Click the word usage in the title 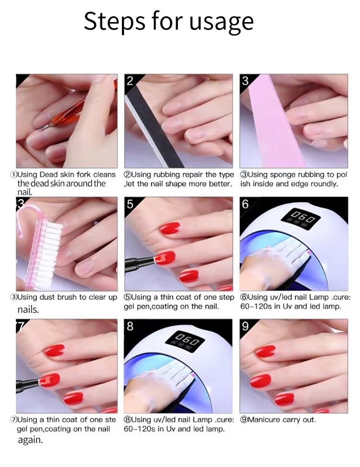pyautogui.click(x=221, y=22)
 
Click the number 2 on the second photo pyautogui.click(x=130, y=81)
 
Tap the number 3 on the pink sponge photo pyautogui.click(x=245, y=81)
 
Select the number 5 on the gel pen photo pyautogui.click(x=130, y=204)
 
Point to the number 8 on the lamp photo pyautogui.click(x=130, y=326)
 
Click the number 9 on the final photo pyautogui.click(x=245, y=326)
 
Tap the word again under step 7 pyautogui.click(x=30, y=440)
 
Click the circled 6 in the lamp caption pyautogui.click(x=244, y=297)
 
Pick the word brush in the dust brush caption pyautogui.click(x=67, y=297)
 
